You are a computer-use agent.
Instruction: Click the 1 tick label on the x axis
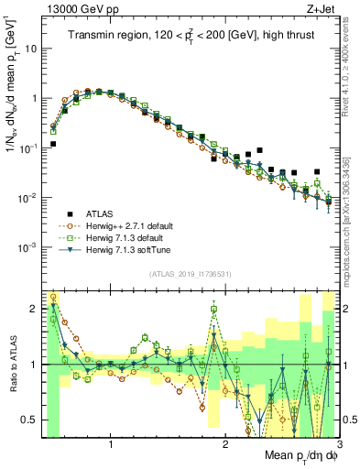(111, 442)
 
